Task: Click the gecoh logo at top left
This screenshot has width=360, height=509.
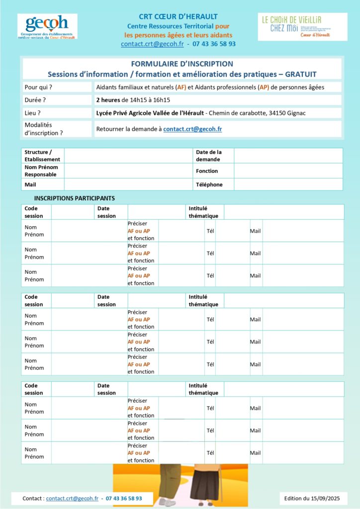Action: pos(47,26)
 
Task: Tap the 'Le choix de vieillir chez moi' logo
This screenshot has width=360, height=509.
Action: pos(302,27)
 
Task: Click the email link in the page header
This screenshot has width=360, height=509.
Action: pos(152,44)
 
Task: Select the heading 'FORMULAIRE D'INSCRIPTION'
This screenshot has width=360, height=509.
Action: pos(181,64)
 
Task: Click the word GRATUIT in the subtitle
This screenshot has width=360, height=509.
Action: pos(300,74)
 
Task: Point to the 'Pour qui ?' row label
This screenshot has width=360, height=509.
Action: pos(38,87)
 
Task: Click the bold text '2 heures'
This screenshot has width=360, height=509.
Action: pos(108,100)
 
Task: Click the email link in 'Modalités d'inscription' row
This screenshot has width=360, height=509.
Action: pos(192,129)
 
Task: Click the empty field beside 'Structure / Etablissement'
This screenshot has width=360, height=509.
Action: pos(128,156)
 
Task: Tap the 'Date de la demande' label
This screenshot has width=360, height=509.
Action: pos(209,156)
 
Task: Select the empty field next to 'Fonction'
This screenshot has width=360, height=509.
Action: pos(288,170)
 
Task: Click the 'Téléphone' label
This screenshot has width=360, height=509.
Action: pos(209,184)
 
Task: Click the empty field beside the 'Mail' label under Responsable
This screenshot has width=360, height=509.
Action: pos(128,184)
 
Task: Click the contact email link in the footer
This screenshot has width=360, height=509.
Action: pos(72,498)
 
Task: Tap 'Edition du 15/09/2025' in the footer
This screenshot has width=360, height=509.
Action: pos(312,498)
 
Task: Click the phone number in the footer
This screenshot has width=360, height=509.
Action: pos(124,498)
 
